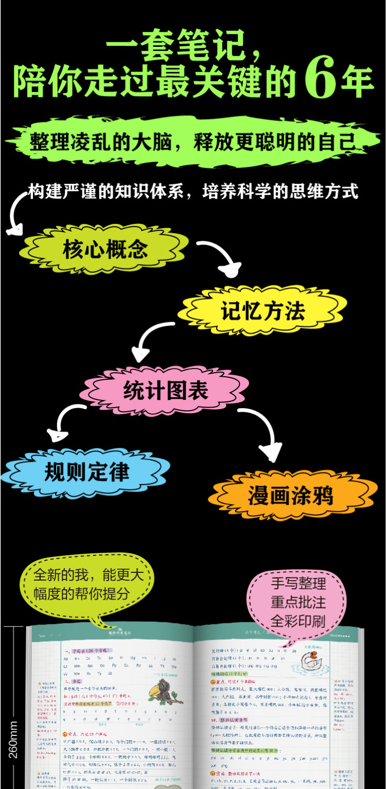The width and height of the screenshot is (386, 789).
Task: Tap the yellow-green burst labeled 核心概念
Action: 105,249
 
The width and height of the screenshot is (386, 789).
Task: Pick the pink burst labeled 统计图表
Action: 165,390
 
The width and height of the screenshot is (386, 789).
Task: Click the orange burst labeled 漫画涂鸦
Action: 291,495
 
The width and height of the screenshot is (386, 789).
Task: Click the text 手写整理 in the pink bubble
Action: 299,583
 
